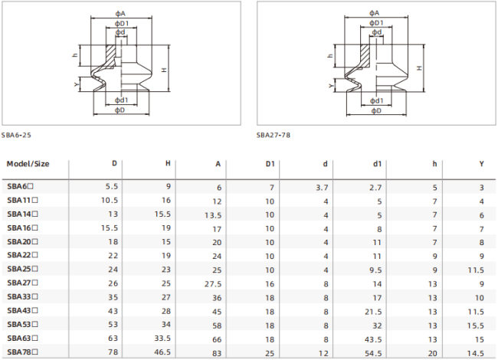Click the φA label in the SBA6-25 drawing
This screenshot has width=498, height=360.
pyautogui.click(x=120, y=13)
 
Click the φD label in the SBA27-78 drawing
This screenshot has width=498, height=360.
pyautogui.click(x=376, y=110)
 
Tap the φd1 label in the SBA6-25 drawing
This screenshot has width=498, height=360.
pyautogui.click(x=121, y=100)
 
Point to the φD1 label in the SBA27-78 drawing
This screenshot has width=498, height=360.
pyautogui.click(x=376, y=23)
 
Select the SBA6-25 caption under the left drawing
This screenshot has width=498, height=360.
pyautogui.click(x=16, y=135)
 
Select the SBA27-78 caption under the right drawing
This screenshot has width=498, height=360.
pyautogui.click(x=274, y=135)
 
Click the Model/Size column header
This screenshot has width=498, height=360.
pyautogui.click(x=28, y=164)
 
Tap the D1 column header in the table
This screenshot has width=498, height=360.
pyautogui.click(x=270, y=164)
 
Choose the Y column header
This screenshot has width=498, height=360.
pyautogui.click(x=481, y=164)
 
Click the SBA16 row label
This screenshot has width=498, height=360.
pyautogui.click(x=22, y=228)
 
